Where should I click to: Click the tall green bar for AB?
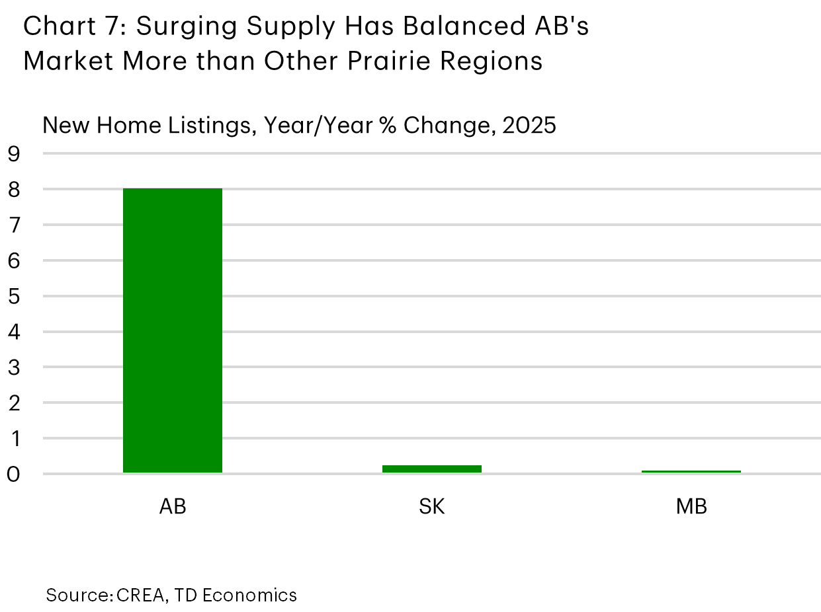(x=173, y=330)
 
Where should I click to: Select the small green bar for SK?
(x=432, y=469)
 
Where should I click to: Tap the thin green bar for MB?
(x=691, y=471)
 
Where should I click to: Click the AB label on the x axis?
(x=173, y=507)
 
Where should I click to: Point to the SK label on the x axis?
(x=432, y=507)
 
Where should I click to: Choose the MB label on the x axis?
(x=691, y=507)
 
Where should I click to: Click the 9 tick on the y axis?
(x=15, y=154)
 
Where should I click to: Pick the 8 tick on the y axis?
(x=15, y=190)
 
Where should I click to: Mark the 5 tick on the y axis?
(x=15, y=296)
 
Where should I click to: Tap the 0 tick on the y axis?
(x=15, y=474)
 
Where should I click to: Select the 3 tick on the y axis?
(x=15, y=367)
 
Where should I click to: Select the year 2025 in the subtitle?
(x=529, y=125)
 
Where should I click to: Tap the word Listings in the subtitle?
(x=206, y=126)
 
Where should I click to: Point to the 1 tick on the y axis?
(x=15, y=438)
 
